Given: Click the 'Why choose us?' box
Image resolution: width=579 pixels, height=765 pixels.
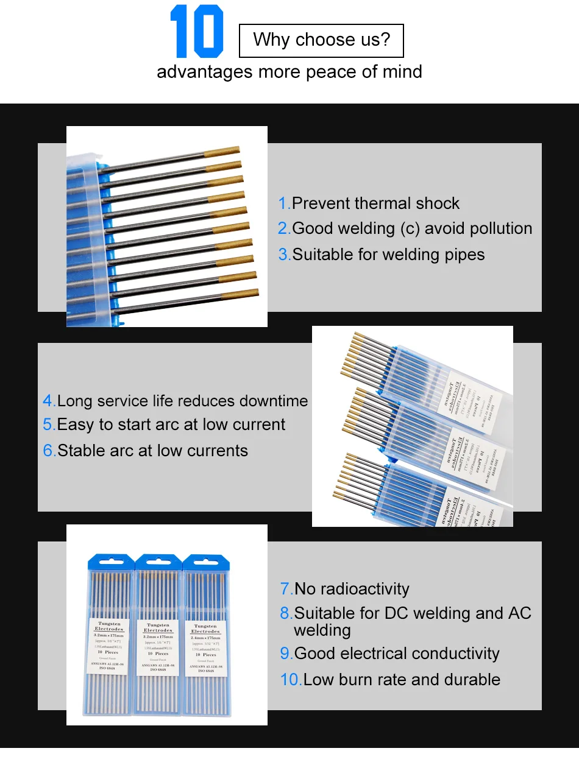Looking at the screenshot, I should click(x=321, y=40).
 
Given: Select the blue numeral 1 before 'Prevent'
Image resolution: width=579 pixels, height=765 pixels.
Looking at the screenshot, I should click(x=283, y=203).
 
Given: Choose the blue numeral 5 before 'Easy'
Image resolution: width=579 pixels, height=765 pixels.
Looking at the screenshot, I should click(x=48, y=425).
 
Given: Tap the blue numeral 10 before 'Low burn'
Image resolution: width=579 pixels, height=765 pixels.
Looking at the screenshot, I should click(x=291, y=679).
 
